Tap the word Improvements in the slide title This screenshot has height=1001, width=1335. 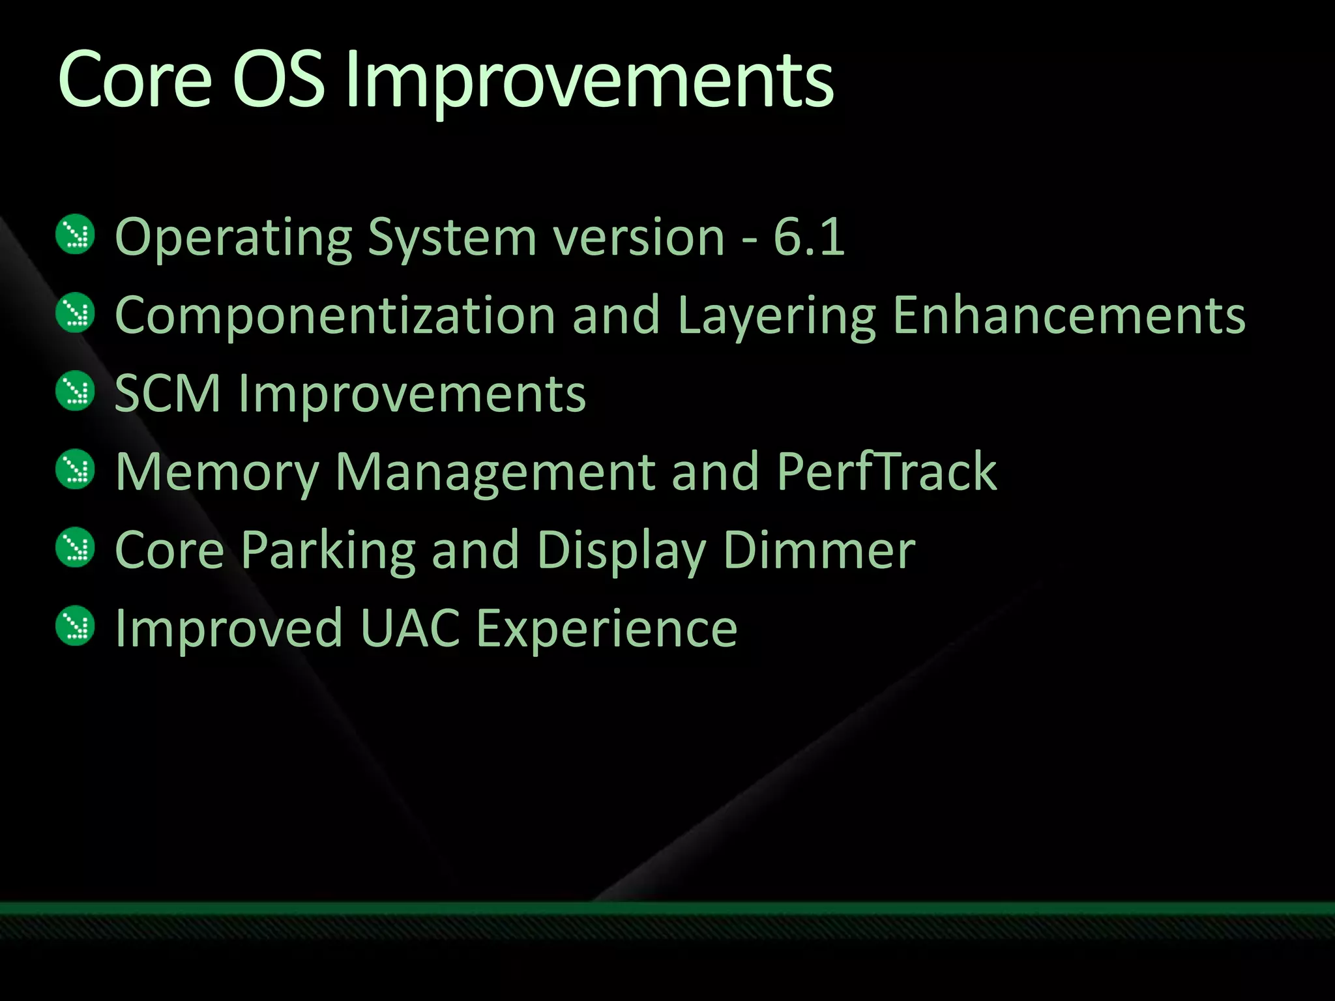point(589,81)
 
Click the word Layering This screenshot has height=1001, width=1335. point(776,317)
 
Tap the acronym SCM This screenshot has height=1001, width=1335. point(168,394)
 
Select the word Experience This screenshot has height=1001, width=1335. point(606,630)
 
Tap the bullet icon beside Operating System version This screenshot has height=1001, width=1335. point(76,235)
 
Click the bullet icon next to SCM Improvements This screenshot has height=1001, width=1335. point(76,391)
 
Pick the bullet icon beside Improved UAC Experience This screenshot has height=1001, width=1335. point(76,626)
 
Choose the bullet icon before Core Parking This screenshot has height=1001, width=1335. point(76,547)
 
